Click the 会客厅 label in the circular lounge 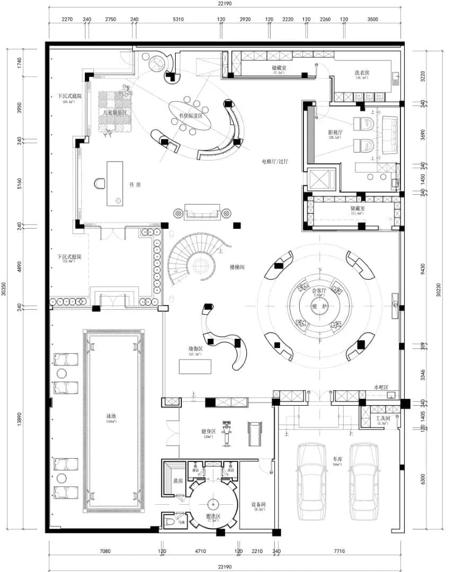(319, 291)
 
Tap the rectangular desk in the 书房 (115, 184)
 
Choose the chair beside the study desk (100, 184)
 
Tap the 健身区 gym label (208, 432)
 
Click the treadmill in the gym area (255, 433)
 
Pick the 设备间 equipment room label (259, 505)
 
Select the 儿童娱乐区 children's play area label (114, 113)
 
